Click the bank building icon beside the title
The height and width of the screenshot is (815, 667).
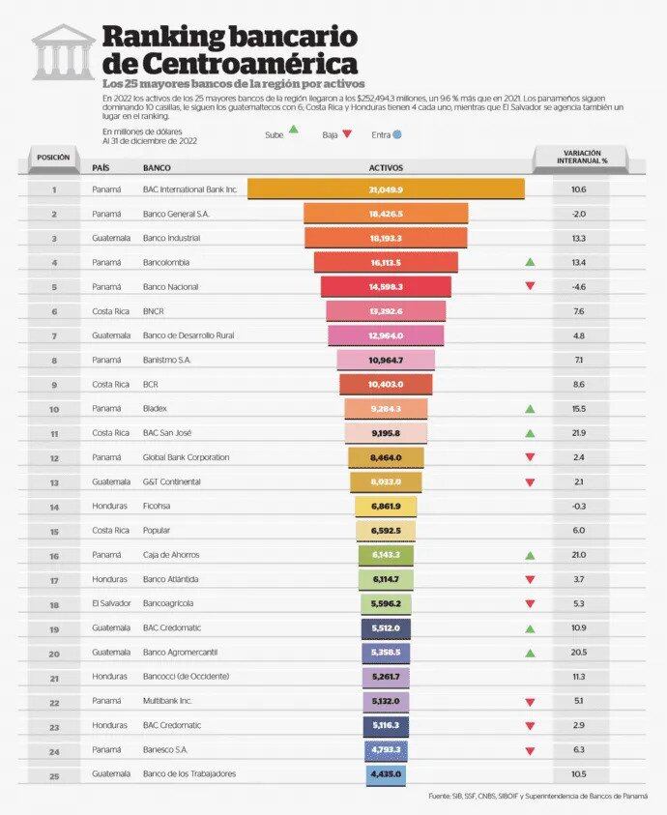point(63,52)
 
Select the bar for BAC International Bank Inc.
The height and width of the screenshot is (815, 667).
point(386,189)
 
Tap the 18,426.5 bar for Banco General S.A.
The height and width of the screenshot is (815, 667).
point(386,214)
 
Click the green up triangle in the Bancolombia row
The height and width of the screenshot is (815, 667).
point(530,262)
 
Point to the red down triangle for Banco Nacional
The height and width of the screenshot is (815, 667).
point(530,286)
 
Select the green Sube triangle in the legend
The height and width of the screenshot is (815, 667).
point(292,134)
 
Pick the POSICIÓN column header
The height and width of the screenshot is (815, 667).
point(53,157)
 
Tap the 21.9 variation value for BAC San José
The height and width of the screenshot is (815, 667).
point(578,432)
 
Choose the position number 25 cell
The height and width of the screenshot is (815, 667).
point(53,773)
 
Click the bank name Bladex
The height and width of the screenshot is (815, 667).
point(156,408)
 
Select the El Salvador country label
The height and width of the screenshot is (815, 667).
point(110,603)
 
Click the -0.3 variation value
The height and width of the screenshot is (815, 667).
point(578,506)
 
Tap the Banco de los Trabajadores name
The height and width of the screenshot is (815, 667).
point(188,773)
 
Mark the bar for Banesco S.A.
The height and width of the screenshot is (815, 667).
point(386,749)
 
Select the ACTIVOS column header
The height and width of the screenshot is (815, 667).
point(386,167)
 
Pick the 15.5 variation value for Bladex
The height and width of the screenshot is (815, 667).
point(578,408)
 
